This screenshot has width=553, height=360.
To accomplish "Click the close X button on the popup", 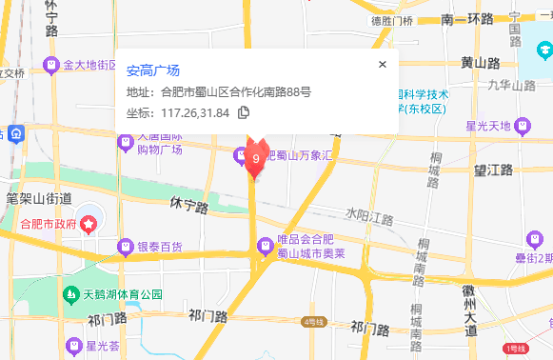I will (383, 65).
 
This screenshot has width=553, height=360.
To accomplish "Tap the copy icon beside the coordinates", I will (244, 113).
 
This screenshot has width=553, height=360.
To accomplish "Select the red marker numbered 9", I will (255, 157).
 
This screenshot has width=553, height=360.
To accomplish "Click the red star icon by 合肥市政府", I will (89, 225).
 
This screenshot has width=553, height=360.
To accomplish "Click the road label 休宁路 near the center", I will (188, 204).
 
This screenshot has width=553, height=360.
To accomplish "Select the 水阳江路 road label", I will (369, 218).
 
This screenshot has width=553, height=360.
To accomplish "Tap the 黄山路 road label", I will (480, 63).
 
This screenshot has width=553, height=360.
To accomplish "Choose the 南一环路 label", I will (474, 19).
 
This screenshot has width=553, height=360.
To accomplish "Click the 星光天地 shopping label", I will (487, 126).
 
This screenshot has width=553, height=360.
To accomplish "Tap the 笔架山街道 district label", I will (38, 199).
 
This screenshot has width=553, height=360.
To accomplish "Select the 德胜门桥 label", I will (392, 20).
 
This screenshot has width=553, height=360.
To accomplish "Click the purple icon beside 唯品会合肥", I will (265, 246).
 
